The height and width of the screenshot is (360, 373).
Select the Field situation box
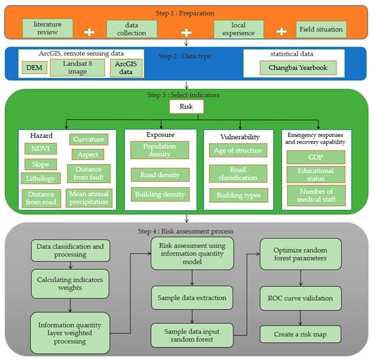(x=321, y=30)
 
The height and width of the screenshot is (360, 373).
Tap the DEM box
(x=33, y=68)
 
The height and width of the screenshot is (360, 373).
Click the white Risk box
(x=186, y=106)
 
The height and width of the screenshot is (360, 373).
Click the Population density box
(x=160, y=150)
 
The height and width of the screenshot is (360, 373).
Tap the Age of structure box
(x=237, y=151)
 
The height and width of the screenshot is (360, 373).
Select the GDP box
(x=317, y=157)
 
